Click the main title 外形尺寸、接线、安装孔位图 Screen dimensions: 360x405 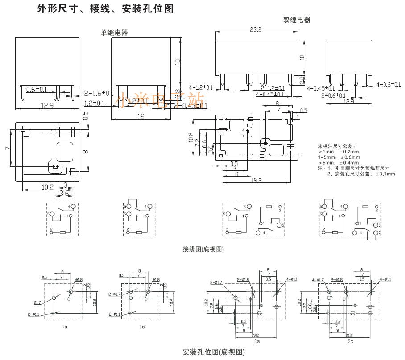[x=105, y=9]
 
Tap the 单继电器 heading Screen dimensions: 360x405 [x=114, y=33]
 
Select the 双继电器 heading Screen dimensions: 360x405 [x=297, y=20]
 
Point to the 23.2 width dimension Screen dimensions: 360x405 [x=256, y=29]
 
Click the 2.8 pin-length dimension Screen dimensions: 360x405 [x=302, y=80]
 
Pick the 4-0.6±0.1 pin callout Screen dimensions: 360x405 [x=388, y=84]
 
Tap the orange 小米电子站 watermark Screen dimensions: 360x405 [x=161, y=102]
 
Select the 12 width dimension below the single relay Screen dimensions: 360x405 [x=141, y=116]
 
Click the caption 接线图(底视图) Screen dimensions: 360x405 [x=203, y=249]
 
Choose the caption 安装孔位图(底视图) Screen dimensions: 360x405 [x=214, y=352]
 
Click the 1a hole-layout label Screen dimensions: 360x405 [x=65, y=327]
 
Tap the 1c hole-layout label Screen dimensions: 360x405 [x=142, y=327]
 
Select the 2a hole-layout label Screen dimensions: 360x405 [x=257, y=341]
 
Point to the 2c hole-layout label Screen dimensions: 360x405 [x=351, y=341]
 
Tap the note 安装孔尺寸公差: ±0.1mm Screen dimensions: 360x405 [x=361, y=174]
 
